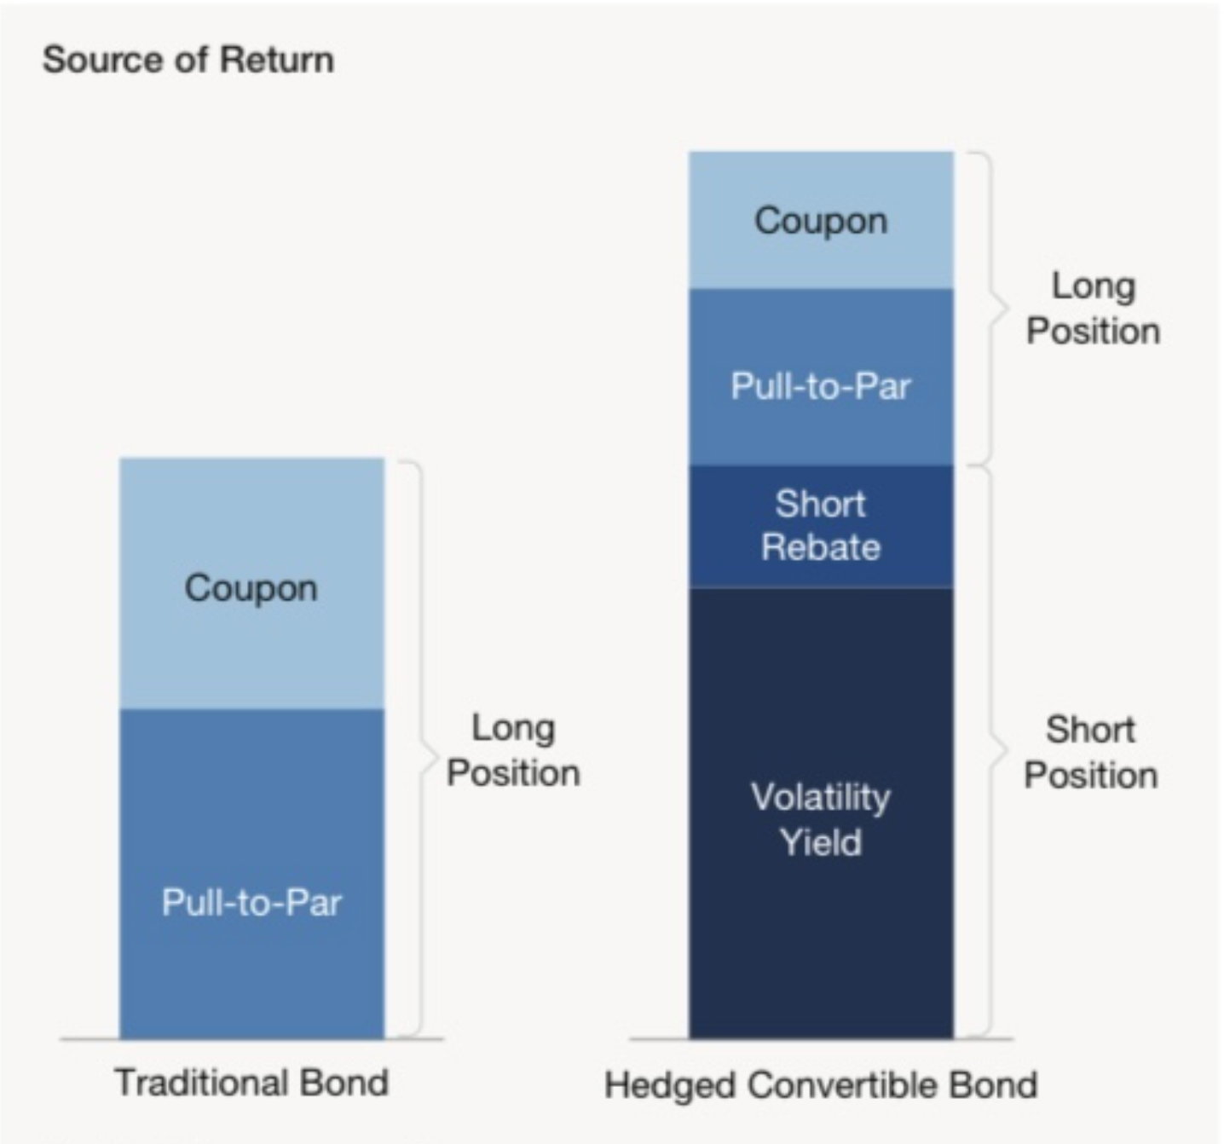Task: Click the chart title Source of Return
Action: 188,60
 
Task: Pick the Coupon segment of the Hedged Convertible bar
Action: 821,220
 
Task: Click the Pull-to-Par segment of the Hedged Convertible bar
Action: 821,385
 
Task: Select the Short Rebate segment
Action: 821,525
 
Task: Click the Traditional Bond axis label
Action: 251,1083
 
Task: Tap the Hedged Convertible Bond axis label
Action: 821,1085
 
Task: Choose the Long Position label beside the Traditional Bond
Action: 513,750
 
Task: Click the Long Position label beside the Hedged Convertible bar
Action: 1093,308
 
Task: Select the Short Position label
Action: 1091,752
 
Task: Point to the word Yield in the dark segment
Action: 821,842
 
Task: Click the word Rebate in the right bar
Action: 821,546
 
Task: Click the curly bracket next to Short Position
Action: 991,750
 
